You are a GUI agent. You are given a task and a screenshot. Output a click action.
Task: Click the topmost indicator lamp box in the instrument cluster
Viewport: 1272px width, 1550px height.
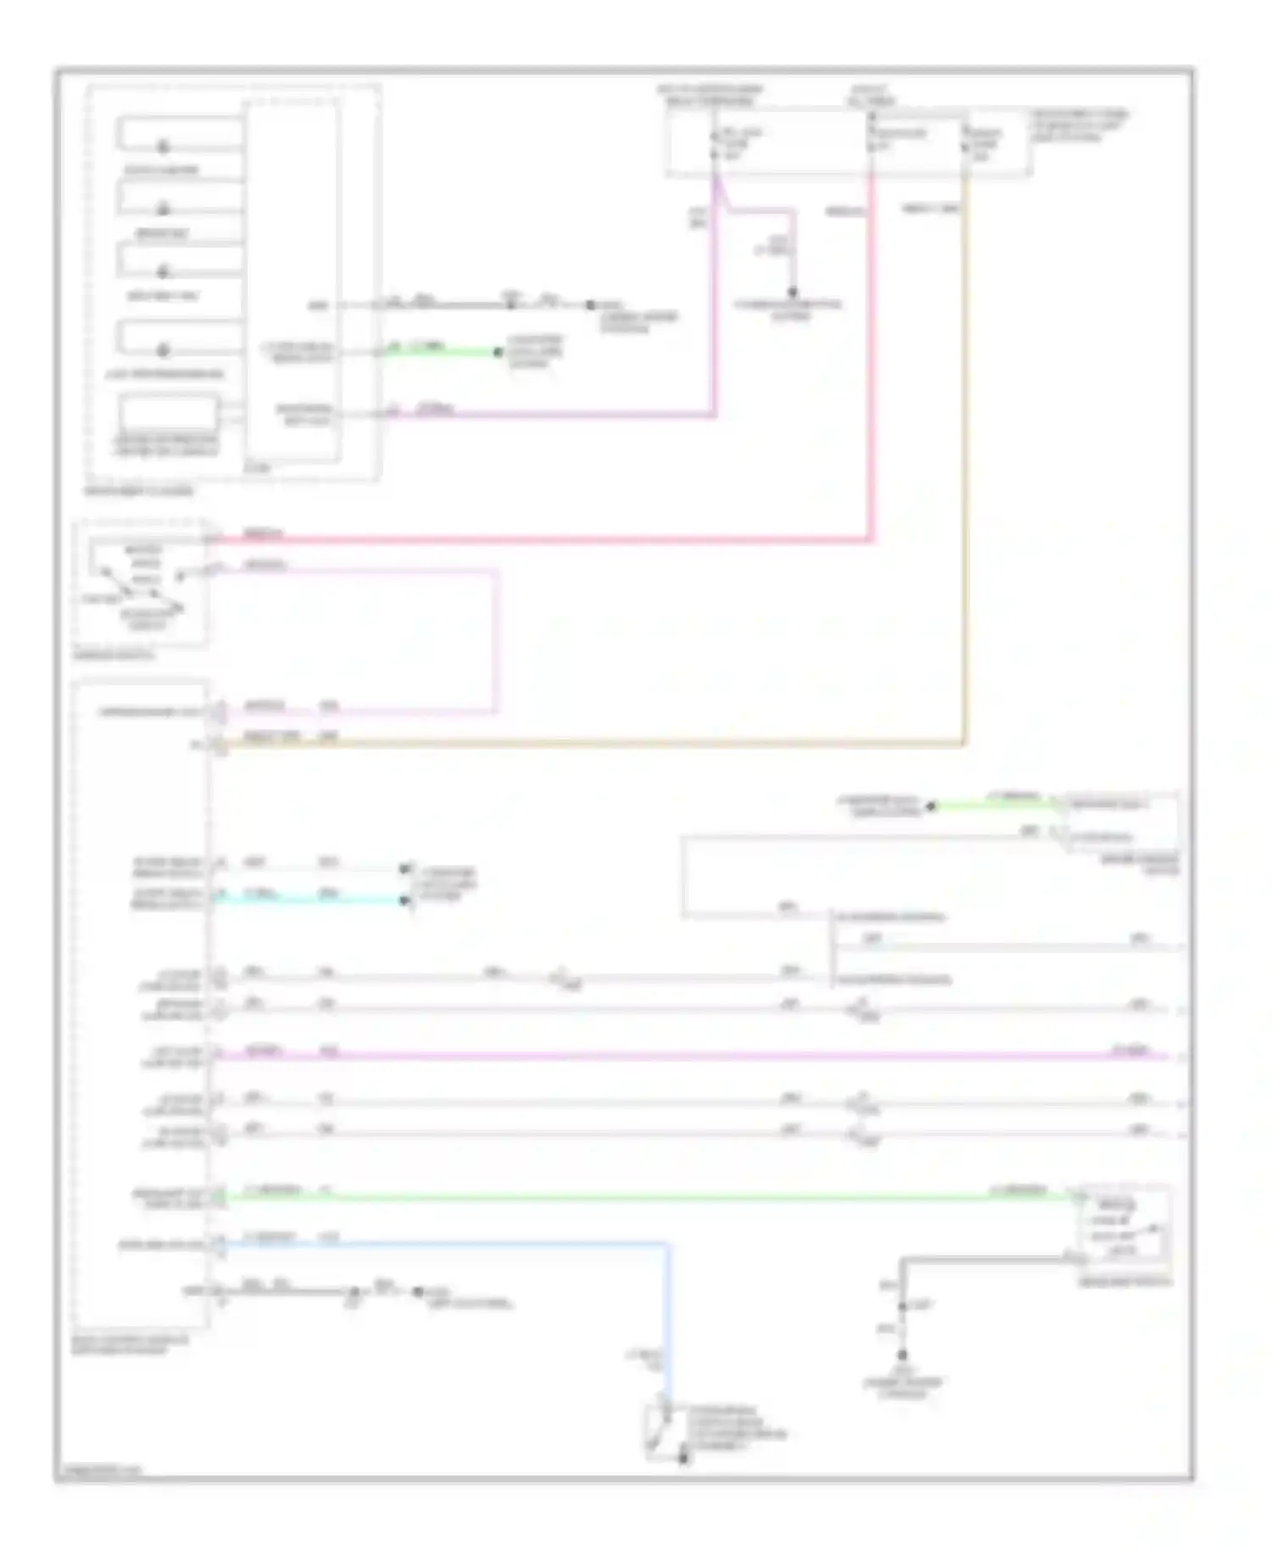point(180,134)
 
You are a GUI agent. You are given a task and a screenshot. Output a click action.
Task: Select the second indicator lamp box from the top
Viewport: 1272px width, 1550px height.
point(180,198)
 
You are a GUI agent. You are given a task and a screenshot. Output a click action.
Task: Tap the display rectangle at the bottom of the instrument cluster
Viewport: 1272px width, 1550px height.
point(169,414)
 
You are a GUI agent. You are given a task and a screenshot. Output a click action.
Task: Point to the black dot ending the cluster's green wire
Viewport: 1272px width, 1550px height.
point(499,352)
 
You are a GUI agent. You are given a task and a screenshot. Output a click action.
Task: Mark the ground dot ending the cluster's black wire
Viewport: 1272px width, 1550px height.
point(591,305)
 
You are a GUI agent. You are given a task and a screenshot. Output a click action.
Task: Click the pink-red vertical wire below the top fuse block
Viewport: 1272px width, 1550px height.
point(870,356)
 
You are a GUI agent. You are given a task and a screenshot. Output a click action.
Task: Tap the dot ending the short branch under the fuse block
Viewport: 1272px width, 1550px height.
point(793,293)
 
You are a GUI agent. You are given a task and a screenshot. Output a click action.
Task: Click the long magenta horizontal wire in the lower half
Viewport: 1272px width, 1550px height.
point(678,1057)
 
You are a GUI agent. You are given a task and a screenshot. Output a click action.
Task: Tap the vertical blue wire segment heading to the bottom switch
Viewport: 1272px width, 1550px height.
point(669,1323)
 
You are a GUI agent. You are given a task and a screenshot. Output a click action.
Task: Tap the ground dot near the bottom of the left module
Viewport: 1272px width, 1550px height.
point(417,1292)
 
